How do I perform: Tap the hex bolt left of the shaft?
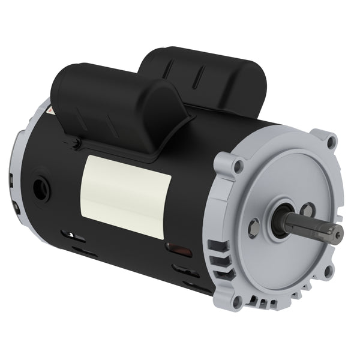point(254,226)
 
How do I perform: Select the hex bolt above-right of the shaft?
point(307,209)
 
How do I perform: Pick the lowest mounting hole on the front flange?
point(238,298)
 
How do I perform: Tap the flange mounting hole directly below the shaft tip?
point(327,271)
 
